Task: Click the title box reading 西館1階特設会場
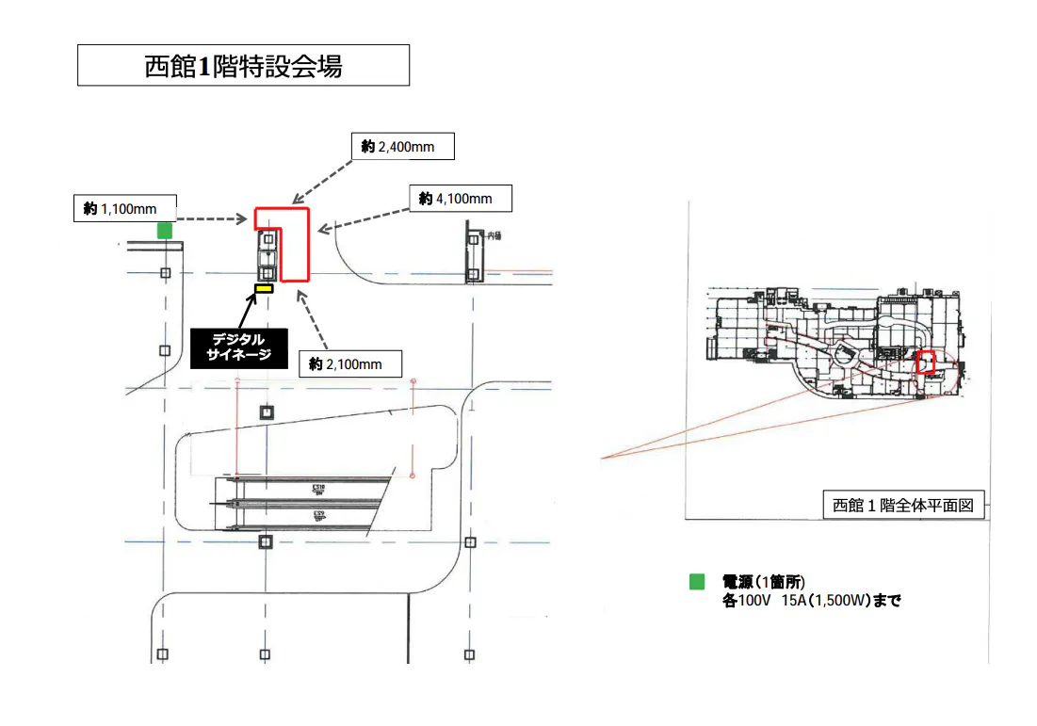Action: click(x=243, y=66)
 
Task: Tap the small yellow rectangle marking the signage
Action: click(x=264, y=288)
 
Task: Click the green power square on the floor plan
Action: click(x=165, y=231)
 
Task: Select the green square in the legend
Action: click(x=697, y=582)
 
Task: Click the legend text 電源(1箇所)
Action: click(x=763, y=582)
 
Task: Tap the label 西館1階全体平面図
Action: click(x=903, y=506)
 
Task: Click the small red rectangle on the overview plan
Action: click(x=927, y=363)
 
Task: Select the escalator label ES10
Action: click(x=317, y=489)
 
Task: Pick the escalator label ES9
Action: click(x=317, y=515)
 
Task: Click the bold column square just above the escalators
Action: click(x=267, y=412)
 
